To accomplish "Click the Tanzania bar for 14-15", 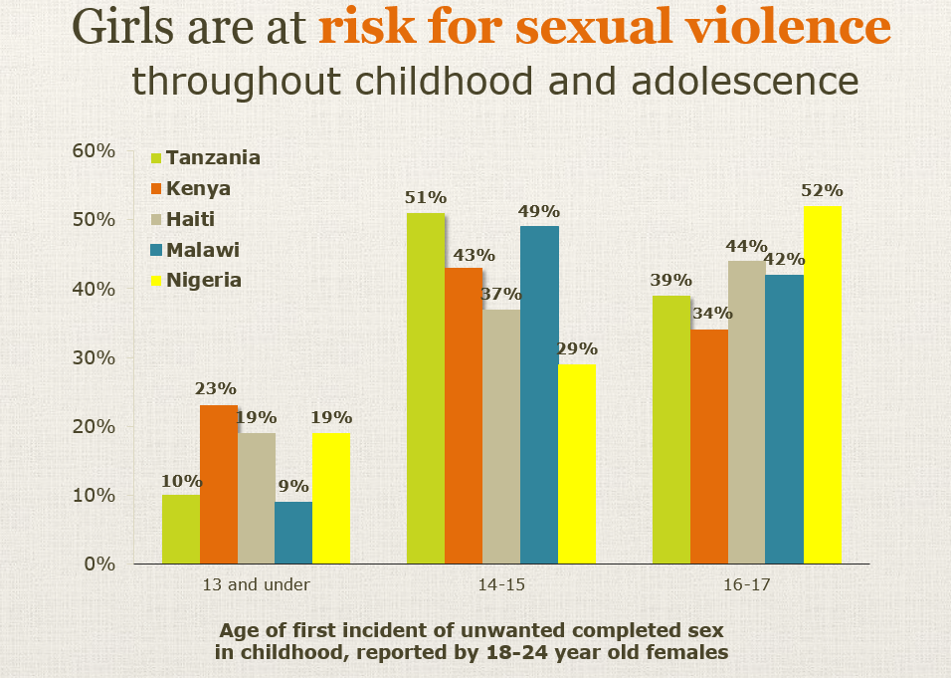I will click(426, 388).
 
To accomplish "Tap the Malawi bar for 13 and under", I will click(293, 533).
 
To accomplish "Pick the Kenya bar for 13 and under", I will click(219, 485).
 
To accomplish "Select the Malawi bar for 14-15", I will click(539, 395).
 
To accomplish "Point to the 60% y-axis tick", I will click(95, 150).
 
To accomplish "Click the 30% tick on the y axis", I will click(95, 357).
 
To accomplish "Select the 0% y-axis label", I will click(100, 565).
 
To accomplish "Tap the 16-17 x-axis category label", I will click(747, 584).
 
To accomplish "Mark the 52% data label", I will click(823, 190).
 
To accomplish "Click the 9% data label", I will click(293, 486).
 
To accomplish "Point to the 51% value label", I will click(425, 196).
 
